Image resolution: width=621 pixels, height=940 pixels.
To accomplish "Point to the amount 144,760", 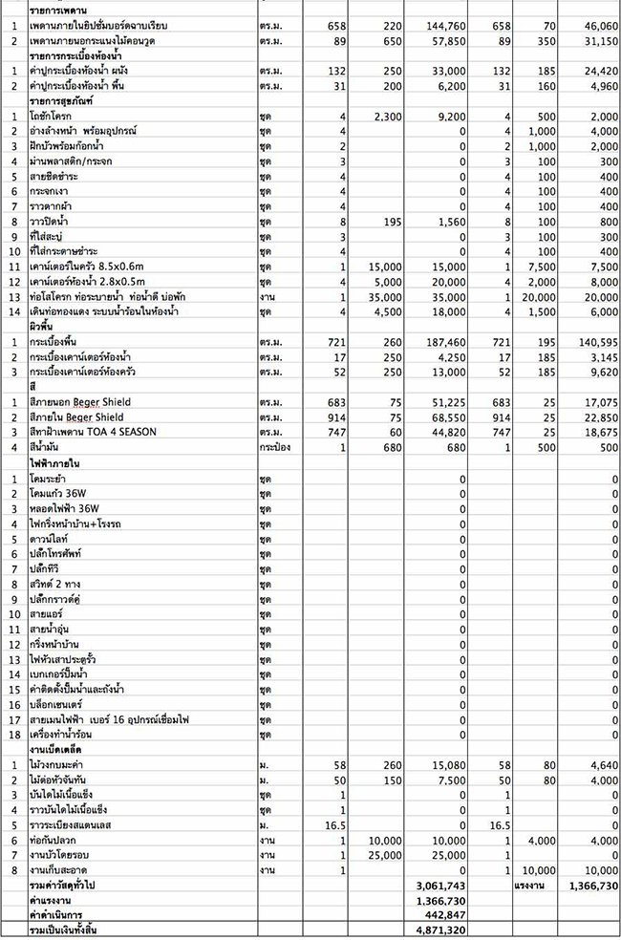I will (447, 29).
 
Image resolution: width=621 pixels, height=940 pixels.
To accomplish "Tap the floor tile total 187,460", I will (447, 340).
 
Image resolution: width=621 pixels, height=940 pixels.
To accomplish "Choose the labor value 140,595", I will (592, 340).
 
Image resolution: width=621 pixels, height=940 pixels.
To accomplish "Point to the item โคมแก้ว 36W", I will (60, 493).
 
